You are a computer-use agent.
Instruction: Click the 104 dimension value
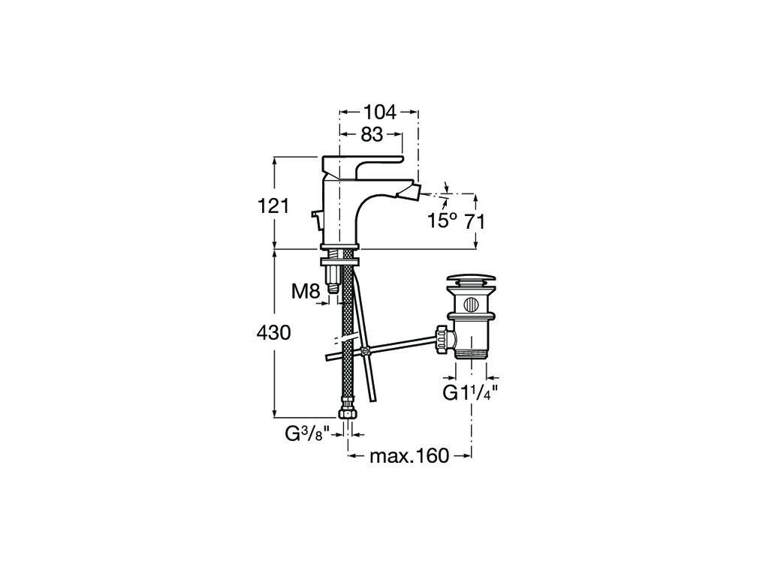coord(379,112)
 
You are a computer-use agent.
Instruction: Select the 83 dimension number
coord(371,133)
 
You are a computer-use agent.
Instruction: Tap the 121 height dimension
coord(273,206)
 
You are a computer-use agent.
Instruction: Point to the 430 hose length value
coord(273,333)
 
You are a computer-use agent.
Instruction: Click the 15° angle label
coord(442,220)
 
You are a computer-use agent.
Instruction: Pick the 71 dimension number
coord(475,222)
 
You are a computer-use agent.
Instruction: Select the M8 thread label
coord(306,292)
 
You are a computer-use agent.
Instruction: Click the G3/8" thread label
coord(309,434)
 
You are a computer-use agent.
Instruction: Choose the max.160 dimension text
coord(409,456)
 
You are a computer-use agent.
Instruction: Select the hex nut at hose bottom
coord(348,415)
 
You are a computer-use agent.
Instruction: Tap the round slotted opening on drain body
coord(472,304)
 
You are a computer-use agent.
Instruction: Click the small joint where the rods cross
coord(363,351)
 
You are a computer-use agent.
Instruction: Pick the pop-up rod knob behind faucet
coord(316,214)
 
